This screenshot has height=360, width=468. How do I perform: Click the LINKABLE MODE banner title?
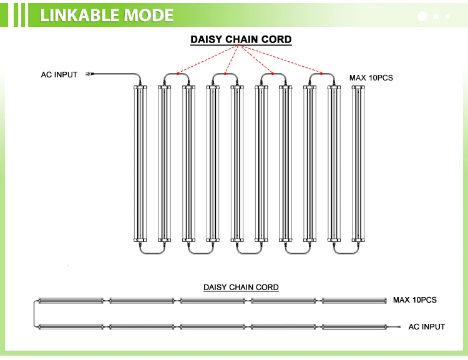107,15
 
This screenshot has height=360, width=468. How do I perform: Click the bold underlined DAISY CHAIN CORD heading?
241,40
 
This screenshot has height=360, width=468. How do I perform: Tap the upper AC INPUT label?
59,75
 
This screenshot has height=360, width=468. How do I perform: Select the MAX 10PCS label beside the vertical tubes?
371,78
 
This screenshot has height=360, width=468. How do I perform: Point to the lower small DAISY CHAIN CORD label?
241,288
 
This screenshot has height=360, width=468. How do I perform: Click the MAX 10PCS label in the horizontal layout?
415,300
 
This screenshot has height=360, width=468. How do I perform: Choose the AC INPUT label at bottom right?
427,326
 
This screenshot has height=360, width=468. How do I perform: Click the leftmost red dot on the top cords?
177,74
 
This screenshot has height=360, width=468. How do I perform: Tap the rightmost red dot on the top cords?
322,74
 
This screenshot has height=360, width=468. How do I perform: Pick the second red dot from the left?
225,74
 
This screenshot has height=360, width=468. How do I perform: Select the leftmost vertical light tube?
140,164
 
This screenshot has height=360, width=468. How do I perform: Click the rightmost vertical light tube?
358,164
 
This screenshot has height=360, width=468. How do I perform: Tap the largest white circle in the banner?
422,16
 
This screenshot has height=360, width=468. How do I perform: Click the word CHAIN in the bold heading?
241,40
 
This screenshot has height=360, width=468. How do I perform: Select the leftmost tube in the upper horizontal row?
71,301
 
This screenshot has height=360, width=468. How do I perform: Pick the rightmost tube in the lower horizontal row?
354,326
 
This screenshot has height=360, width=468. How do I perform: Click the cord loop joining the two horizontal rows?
34,313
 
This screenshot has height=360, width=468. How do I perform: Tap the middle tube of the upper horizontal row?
213,301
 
